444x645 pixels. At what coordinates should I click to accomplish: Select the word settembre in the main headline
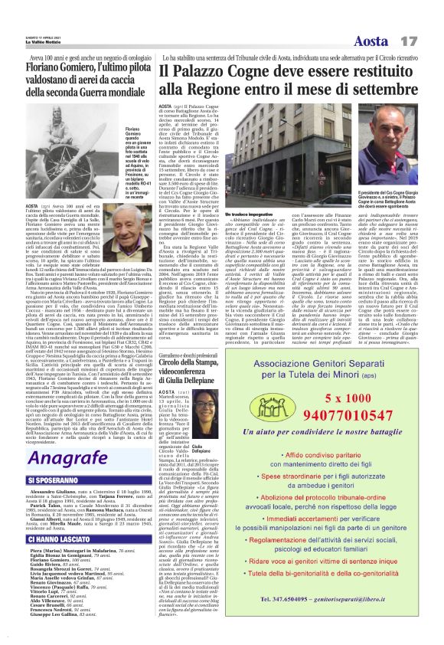tap(382, 90)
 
